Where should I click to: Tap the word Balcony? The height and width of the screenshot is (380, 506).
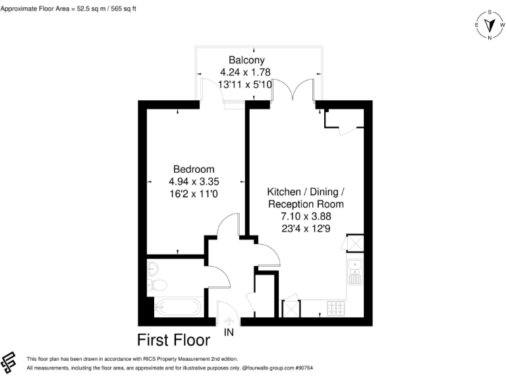click(x=246, y=59)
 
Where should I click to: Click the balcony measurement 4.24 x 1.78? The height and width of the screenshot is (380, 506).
click(x=246, y=72)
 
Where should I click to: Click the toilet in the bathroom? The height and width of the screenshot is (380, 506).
click(x=157, y=285)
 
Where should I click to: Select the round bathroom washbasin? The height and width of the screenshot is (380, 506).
click(x=152, y=268)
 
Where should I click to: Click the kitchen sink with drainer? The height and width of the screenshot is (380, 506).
click(x=354, y=271)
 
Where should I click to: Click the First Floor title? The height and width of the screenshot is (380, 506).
click(x=173, y=340)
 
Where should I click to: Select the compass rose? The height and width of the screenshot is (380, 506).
click(x=490, y=25)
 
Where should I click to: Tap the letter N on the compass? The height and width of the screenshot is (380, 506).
click(x=490, y=38)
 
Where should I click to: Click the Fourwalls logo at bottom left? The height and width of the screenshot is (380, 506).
click(x=9, y=362)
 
